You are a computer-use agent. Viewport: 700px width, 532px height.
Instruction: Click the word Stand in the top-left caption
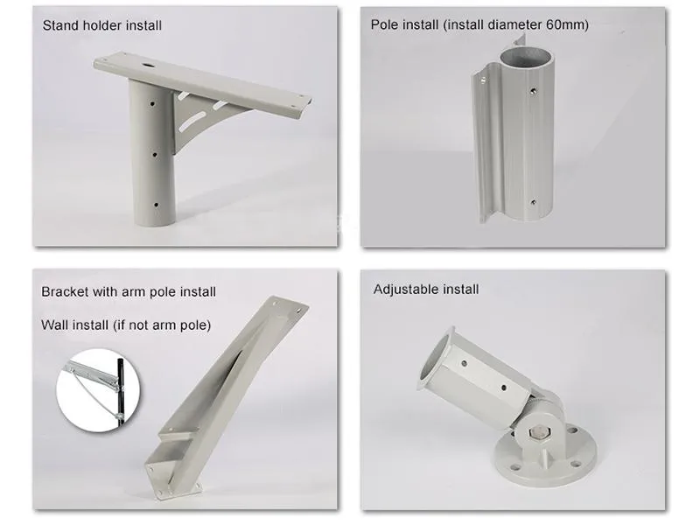[x=59, y=25]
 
